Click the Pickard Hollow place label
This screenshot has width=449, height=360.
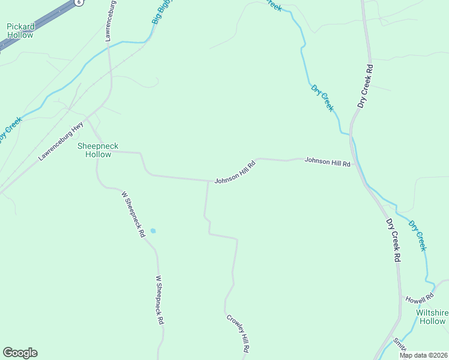[20, 31]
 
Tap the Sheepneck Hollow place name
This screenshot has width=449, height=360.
[95, 150]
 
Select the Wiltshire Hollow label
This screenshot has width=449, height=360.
[432, 317]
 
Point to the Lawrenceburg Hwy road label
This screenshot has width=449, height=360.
[61, 142]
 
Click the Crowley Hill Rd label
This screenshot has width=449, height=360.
[238, 332]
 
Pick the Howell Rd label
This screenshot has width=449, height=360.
[419, 299]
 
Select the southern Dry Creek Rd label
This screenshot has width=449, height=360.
[393, 239]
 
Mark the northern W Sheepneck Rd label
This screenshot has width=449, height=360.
[133, 214]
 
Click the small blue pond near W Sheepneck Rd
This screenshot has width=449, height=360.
[153, 230]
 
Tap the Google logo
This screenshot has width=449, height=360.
[20, 353]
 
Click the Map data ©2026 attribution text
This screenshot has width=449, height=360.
[423, 355]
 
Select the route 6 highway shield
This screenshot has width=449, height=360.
[79, 2]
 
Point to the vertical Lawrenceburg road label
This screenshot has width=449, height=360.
[109, 24]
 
